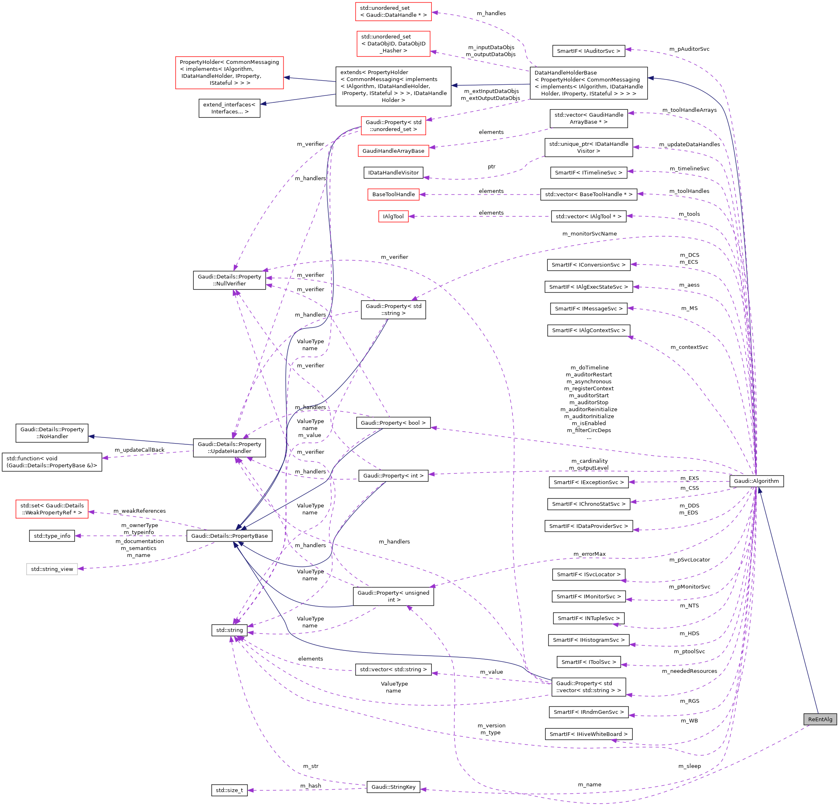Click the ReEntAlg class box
[820, 719]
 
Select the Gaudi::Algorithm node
[756, 481]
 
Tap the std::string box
[229, 630]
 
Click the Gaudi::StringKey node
[393, 787]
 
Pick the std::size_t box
[229, 790]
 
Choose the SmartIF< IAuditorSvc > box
[588, 51]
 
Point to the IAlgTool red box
[393, 217]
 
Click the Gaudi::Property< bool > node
[393, 423]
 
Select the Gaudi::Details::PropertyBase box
[229, 536]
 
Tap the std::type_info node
[52, 536]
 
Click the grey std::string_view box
[52, 569]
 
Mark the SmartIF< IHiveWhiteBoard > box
[588, 734]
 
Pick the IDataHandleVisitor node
[393, 172]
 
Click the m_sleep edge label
[689, 766]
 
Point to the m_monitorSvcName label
[589, 234]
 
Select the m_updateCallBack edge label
[139, 450]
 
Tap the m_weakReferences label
[139, 511]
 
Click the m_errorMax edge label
[589, 554]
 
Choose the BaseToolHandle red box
[393, 194]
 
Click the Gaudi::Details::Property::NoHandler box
[52, 433]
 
